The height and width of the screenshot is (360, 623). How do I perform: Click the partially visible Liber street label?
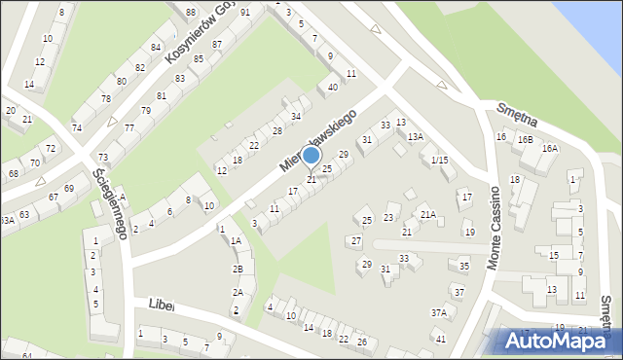[x=161, y=305]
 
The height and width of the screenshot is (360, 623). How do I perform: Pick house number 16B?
[x=525, y=139]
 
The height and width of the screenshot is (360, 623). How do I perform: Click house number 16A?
[x=550, y=148]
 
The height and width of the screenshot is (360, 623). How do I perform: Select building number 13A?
[x=415, y=136]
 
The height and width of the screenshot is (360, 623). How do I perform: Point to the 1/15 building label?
[x=439, y=160]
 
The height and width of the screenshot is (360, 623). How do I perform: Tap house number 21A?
[x=427, y=214]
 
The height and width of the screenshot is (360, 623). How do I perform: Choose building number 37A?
[x=439, y=312]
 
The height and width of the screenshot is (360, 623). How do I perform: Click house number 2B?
[x=238, y=269]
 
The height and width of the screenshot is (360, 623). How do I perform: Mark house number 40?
[x=332, y=87]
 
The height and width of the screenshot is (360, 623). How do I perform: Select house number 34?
[x=295, y=116]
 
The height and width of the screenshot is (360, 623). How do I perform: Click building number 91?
[x=244, y=12]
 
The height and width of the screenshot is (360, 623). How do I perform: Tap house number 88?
[x=191, y=12]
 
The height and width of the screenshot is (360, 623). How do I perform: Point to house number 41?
[x=440, y=339]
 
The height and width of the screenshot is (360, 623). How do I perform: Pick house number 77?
[x=128, y=127]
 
